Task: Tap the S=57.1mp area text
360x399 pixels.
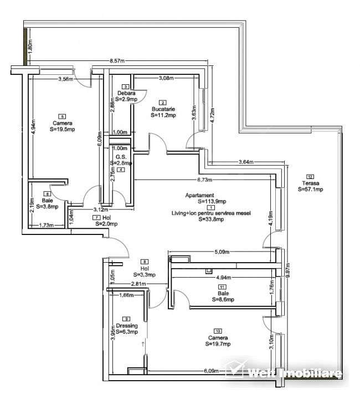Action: (310, 189)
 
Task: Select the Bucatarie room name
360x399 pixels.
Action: (163, 109)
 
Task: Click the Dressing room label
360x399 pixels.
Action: (126, 326)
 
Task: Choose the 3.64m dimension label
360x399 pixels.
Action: (245, 162)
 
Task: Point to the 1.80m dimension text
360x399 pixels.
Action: (31, 47)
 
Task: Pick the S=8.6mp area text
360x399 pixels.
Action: (222, 299)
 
